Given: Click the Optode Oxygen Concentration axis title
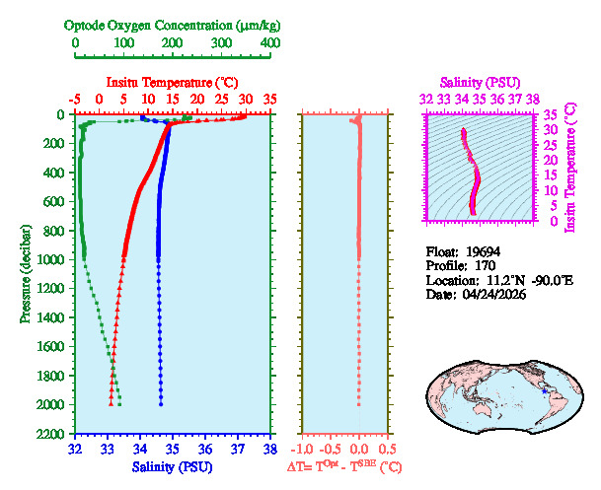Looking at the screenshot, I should coord(173,24).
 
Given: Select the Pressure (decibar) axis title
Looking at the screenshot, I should coord(25,274).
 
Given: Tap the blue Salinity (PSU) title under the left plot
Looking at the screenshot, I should coord(172,466).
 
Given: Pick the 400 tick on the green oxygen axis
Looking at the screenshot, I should coord(269,43).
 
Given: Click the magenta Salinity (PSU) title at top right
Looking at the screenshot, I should coord(479,82).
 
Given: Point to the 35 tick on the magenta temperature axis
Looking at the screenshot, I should coord(551,114).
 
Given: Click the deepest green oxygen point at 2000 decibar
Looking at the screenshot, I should coord(119,404).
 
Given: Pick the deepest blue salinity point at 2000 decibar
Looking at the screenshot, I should coord(161,404).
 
